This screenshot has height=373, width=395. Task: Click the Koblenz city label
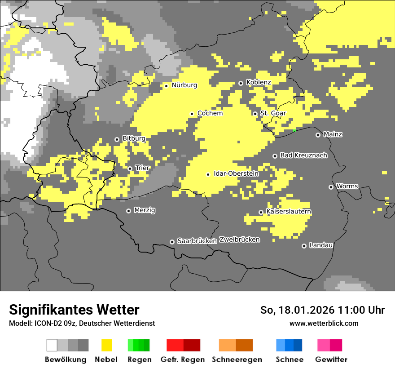pyautogui.click(x=259, y=82)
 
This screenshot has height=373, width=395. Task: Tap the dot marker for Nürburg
pyautogui.click(x=166, y=85)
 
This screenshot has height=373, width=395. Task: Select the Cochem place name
pyautogui.click(x=210, y=113)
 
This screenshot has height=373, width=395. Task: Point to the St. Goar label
pyautogui.click(x=273, y=113)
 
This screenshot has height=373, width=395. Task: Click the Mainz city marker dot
pyautogui.click(x=318, y=134)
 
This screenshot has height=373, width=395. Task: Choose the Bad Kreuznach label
pyautogui.click(x=303, y=155)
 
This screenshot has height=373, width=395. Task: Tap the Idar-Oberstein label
pyautogui.click(x=236, y=173)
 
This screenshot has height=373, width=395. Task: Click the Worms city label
pyautogui.click(x=347, y=186)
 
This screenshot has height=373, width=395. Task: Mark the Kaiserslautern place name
pyautogui.click(x=289, y=211)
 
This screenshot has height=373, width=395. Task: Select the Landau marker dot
pyautogui.click(x=304, y=245)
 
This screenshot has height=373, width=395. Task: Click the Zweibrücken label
pyautogui.click(x=240, y=240)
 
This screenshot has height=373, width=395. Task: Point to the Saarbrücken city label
pyautogui.click(x=197, y=241)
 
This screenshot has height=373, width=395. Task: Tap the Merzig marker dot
pyautogui.click(x=128, y=210)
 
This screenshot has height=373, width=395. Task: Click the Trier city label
pyautogui.click(x=142, y=168)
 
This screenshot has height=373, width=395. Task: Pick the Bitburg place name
pyautogui.click(x=134, y=139)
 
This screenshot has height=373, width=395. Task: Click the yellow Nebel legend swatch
pyautogui.click(x=106, y=345)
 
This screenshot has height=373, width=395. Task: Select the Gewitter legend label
pyautogui.click(x=331, y=360)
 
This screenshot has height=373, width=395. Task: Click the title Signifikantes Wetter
pyautogui.click(x=74, y=310)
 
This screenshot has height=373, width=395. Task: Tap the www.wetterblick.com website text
pyautogui.click(x=324, y=323)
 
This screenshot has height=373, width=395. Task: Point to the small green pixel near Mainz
pyautogui.click(x=294, y=130)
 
